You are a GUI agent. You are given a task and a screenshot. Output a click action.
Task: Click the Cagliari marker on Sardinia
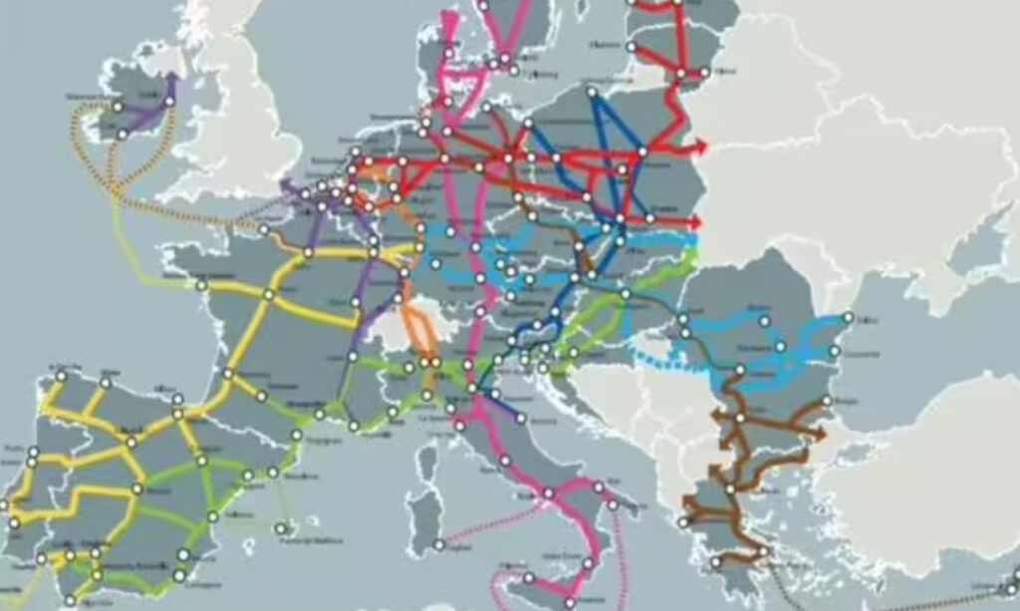click(439, 544)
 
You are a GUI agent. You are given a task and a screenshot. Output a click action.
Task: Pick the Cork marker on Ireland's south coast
click(122, 134)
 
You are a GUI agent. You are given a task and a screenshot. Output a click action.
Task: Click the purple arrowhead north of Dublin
click(171, 79)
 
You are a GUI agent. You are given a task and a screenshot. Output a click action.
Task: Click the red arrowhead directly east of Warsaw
click(703, 148)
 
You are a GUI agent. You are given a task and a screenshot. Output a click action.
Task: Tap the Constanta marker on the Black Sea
click(835, 352)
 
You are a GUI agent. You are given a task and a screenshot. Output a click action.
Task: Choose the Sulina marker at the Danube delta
click(849, 318)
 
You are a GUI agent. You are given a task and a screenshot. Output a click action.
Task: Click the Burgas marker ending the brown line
click(826, 402)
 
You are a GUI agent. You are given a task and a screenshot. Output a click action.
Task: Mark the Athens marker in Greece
click(763, 550)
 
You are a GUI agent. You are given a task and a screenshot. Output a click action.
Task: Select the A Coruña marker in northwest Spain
click(62, 376)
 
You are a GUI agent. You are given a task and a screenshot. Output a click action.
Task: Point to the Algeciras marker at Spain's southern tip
click(70, 600)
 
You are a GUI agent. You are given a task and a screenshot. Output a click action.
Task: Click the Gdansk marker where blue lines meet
click(592, 93)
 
